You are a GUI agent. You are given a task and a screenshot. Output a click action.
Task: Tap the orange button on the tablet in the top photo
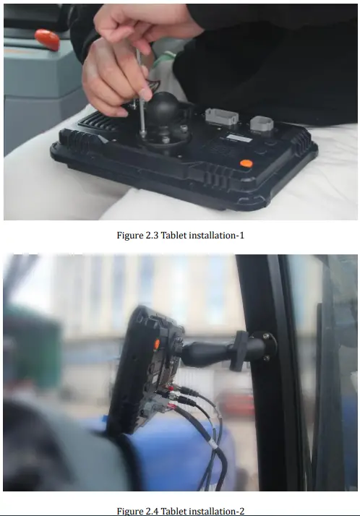coord(246,164)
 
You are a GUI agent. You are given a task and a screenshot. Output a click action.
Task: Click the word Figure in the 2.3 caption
coord(130,235)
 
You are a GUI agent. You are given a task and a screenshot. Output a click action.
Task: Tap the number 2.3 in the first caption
coord(154,235)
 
